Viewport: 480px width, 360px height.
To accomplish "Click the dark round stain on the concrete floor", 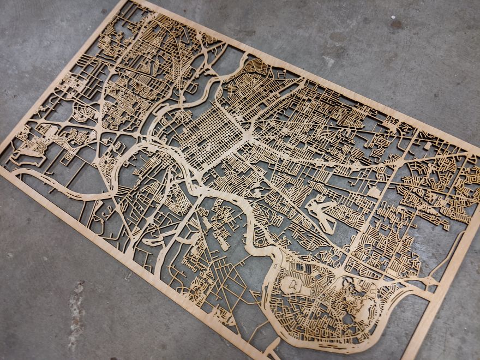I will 397,25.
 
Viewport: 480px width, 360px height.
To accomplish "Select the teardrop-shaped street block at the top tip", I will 255,67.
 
